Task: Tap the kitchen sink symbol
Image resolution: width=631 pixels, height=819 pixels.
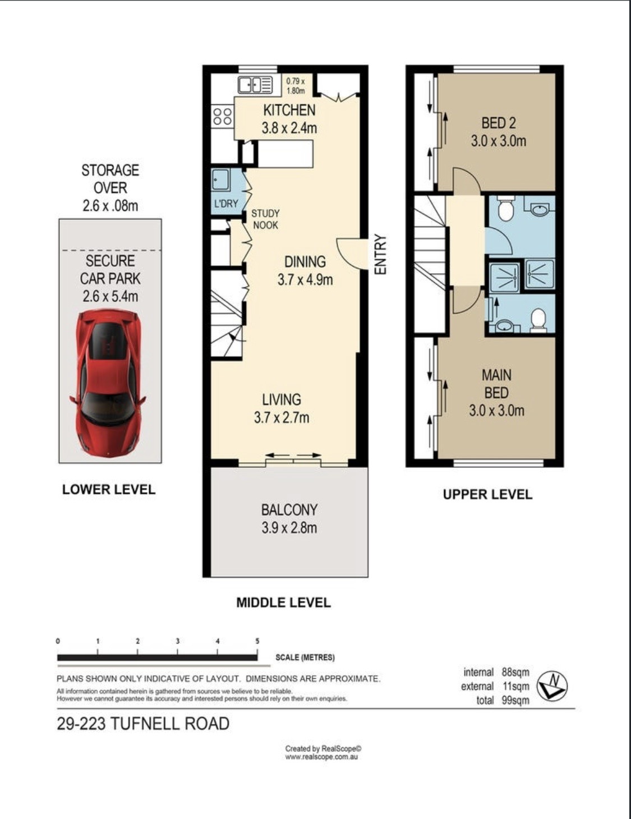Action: tap(255, 85)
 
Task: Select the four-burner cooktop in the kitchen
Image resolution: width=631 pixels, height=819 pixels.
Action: tap(222, 116)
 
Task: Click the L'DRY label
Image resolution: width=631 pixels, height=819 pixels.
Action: tap(226, 204)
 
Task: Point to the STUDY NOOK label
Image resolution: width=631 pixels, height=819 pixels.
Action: tap(266, 219)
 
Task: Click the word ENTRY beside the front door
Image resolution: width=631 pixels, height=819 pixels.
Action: tap(381, 255)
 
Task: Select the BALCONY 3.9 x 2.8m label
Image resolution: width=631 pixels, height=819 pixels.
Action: tap(289, 519)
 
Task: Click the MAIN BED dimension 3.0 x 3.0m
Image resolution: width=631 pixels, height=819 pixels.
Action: tap(496, 411)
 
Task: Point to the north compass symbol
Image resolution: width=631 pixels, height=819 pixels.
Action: tap(552, 686)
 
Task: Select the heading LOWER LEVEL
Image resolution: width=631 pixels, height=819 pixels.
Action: tap(109, 490)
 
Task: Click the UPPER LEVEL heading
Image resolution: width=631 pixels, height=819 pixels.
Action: tap(487, 495)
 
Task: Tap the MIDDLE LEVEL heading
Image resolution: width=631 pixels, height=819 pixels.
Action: tap(283, 602)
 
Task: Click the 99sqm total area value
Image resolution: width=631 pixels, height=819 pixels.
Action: tap(515, 700)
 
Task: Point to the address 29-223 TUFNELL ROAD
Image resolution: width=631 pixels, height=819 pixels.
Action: tap(143, 724)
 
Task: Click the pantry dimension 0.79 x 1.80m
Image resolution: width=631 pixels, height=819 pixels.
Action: tap(296, 86)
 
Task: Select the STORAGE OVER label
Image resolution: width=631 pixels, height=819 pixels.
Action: tap(110, 179)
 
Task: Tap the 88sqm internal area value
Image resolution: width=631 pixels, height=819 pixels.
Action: tap(515, 672)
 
